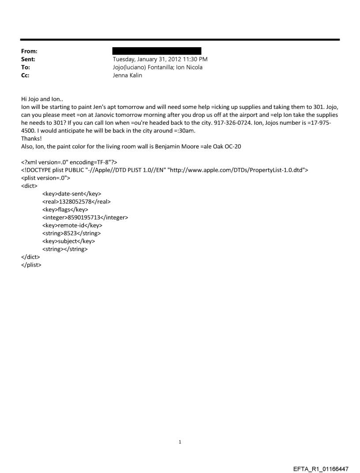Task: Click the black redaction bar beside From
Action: [157, 51]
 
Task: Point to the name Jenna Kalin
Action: [130, 75]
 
